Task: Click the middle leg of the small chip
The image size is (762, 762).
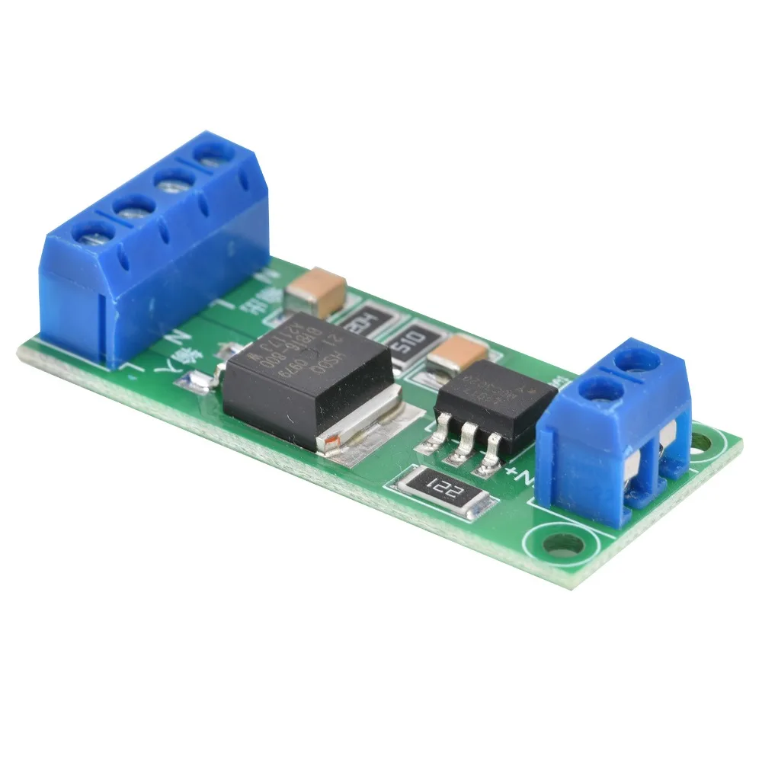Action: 464,449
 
